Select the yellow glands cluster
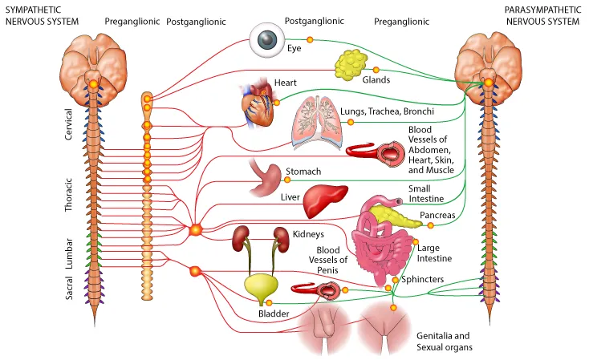pyautogui.click(x=351, y=64)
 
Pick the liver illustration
pyautogui.click(x=325, y=200)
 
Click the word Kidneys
pyautogui.click(x=308, y=234)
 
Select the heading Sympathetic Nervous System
pyautogui.click(x=41, y=15)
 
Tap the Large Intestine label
pyautogui.click(x=434, y=253)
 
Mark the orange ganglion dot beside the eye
pyautogui.click(x=311, y=39)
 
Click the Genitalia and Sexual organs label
pyautogui.click(x=443, y=341)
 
